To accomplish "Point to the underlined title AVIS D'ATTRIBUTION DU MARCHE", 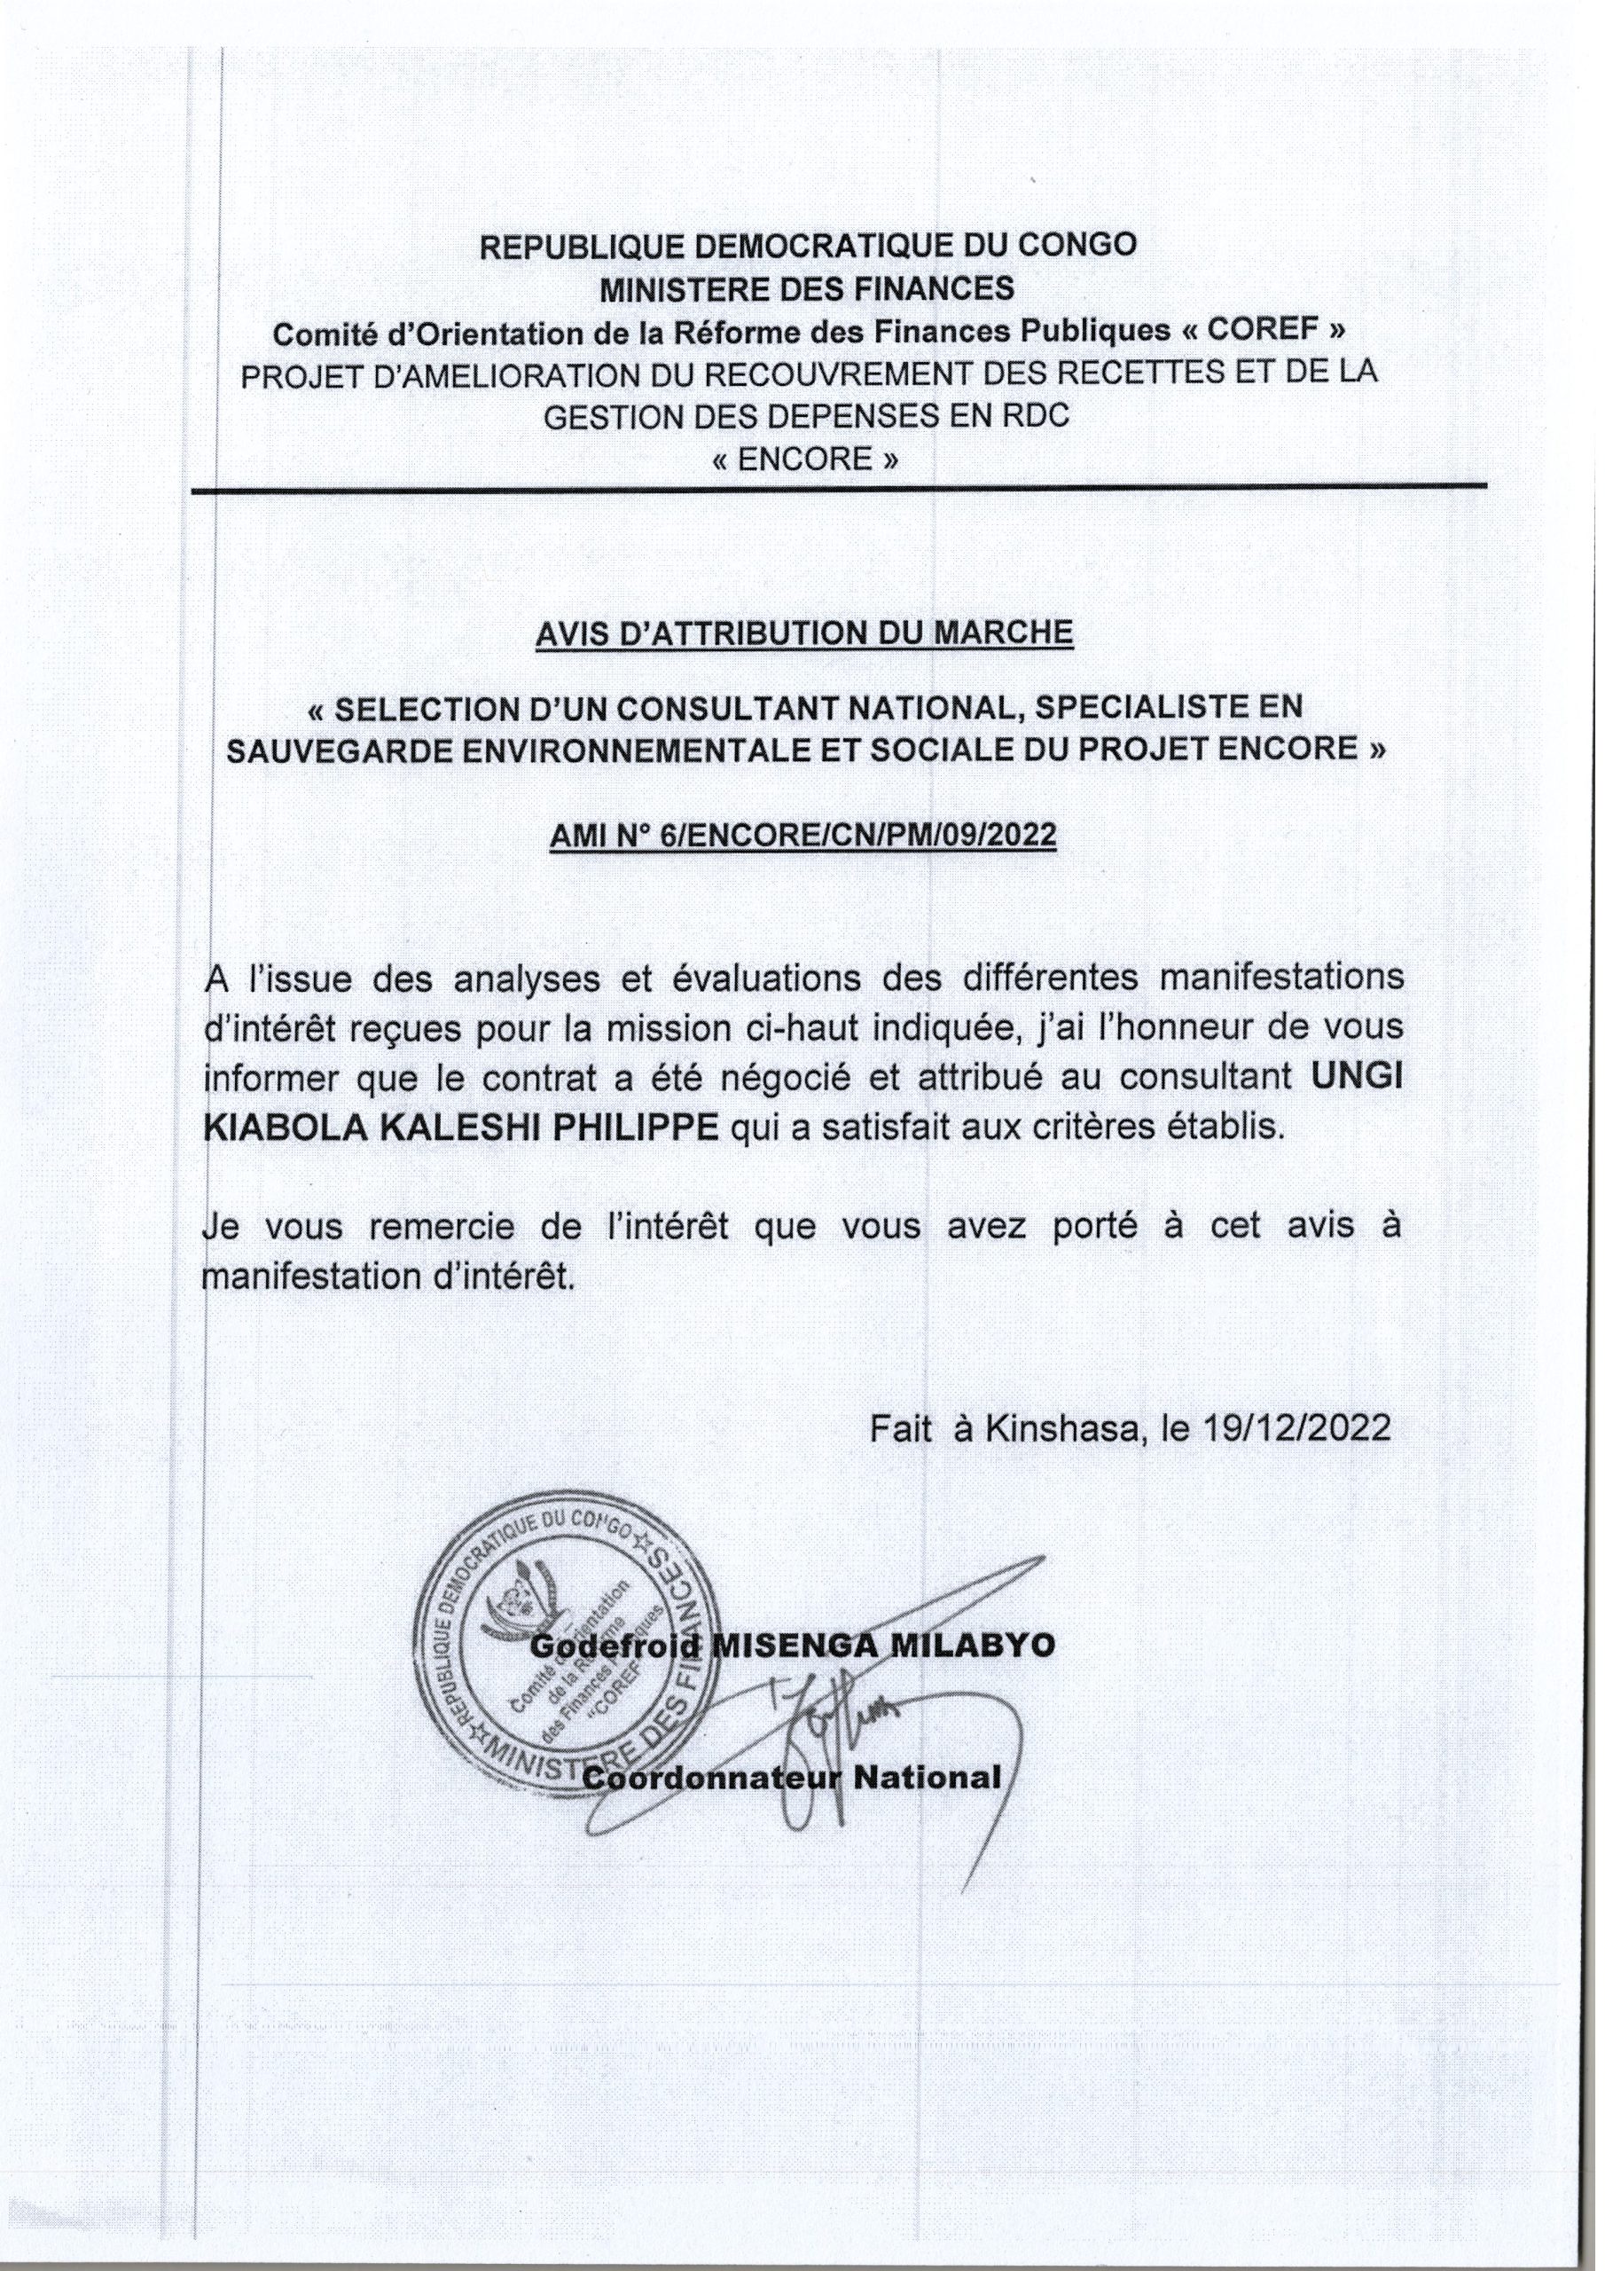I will (803, 633).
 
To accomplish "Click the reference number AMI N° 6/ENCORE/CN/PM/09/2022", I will (803, 837).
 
